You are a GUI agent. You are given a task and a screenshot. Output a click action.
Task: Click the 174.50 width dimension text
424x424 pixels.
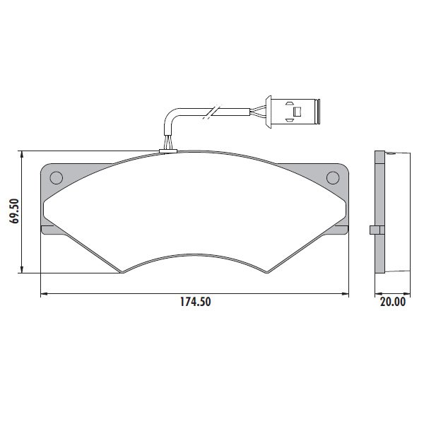[196, 302]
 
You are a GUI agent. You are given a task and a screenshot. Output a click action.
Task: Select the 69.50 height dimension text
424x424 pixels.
[15, 211]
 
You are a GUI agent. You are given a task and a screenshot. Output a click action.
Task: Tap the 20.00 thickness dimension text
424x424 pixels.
[393, 302]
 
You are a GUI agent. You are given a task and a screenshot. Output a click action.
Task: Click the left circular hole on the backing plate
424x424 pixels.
[57, 178]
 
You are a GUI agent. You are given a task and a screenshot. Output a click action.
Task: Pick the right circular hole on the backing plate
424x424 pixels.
[333, 178]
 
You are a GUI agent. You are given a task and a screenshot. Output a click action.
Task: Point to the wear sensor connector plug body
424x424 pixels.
[293, 112]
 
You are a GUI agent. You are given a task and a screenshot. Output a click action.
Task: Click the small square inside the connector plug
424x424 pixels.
[298, 112]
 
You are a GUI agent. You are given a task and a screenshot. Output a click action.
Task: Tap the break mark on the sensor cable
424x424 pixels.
[213, 112]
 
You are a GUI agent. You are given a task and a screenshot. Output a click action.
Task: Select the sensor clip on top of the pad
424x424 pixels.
[168, 151]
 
